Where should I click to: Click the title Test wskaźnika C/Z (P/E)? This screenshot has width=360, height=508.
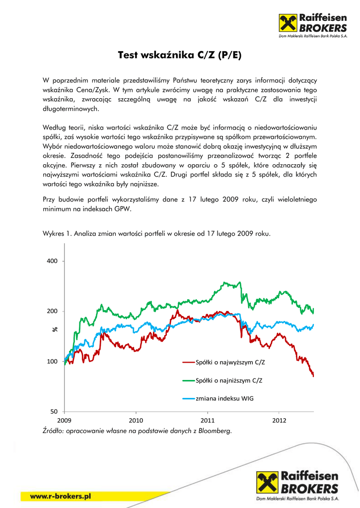click(179, 55)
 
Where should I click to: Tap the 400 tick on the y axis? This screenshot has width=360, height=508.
click(52, 261)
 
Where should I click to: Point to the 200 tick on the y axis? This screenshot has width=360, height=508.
click(52, 311)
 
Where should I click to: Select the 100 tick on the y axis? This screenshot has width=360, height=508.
click(52, 362)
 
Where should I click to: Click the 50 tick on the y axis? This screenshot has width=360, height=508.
click(54, 412)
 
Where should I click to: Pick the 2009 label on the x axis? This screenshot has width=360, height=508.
click(65, 420)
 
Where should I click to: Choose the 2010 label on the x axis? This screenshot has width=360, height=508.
click(136, 420)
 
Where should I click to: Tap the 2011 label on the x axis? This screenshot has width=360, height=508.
click(208, 420)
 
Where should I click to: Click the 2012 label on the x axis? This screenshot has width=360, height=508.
click(279, 420)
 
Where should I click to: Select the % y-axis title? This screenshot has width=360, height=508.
click(55, 330)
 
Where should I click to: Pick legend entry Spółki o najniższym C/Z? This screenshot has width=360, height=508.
click(229, 381)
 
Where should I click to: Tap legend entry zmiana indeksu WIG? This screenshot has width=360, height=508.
click(224, 398)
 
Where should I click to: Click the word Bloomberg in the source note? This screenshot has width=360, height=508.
click(215, 431)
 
